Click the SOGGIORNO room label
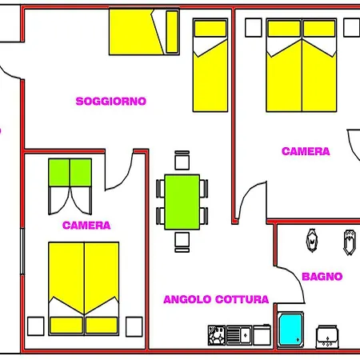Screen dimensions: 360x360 (x=111, y=102)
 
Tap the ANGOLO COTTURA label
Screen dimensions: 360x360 (x=216, y=299)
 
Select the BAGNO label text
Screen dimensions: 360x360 (x=322, y=277)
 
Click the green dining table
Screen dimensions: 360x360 (x=182, y=202)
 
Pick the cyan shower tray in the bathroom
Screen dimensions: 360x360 (x=290, y=330)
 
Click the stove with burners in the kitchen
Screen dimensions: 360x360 (x=217, y=335)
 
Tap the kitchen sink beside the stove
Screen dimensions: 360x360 (x=239, y=335)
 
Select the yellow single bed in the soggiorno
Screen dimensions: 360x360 (x=210, y=65)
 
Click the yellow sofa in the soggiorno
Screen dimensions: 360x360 (x=144, y=32)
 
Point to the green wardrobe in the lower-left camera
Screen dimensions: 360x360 (x=70, y=173)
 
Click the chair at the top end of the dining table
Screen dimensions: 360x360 (x=182, y=160)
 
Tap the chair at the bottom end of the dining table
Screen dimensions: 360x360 (x=182, y=242)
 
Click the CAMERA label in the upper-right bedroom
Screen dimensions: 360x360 (x=306, y=151)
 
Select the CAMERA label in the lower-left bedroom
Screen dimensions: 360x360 (x=86, y=226)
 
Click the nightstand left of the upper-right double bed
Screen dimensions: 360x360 (x=254, y=27)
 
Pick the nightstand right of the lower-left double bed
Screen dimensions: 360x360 (x=134, y=326)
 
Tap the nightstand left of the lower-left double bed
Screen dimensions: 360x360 (x=36, y=326)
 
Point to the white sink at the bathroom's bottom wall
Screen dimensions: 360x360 (x=327, y=337)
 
